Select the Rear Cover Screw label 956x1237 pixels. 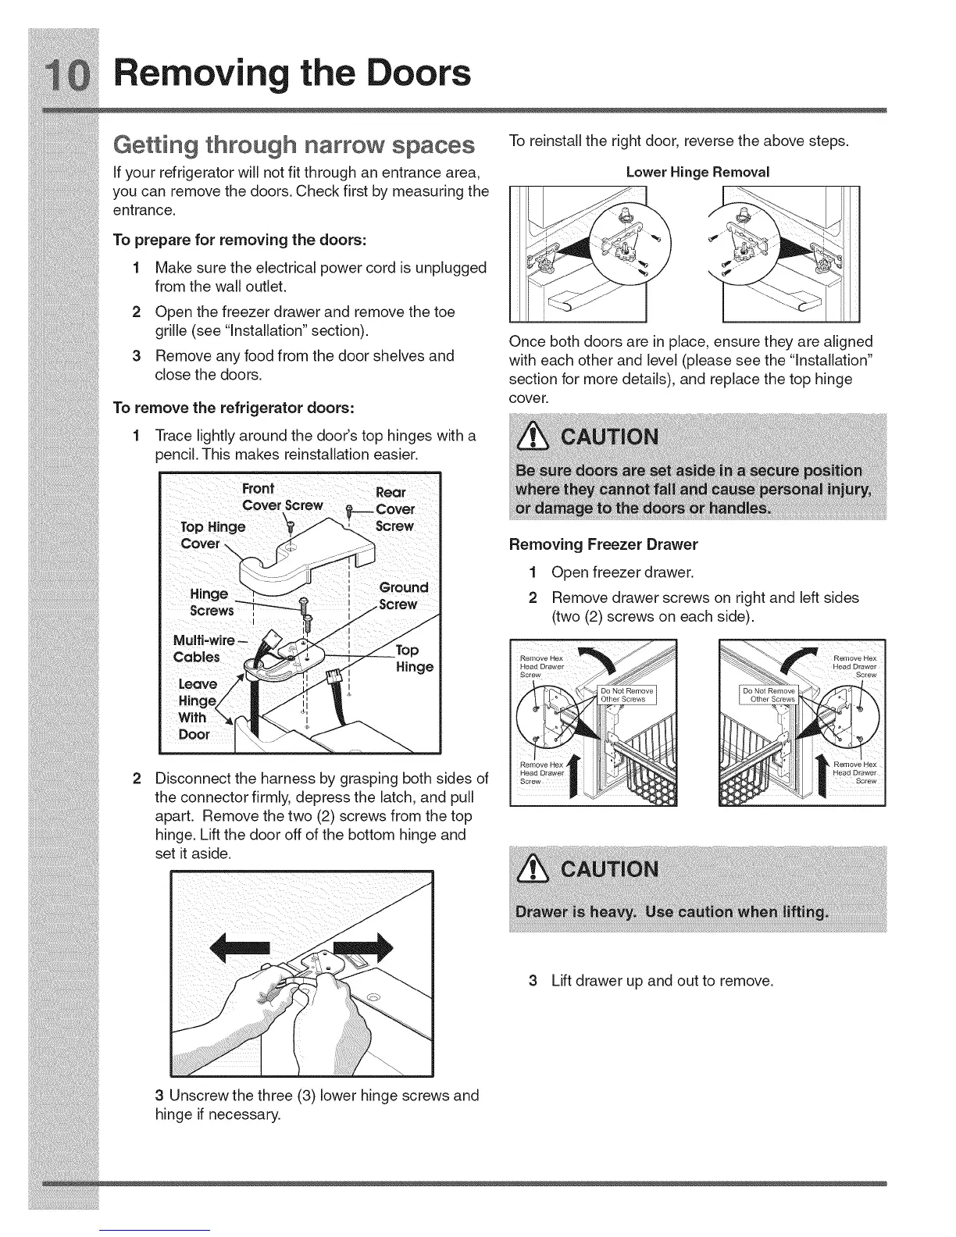[x=394, y=509]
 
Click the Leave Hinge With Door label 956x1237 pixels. [x=195, y=709]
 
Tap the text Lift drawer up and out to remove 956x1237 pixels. [x=662, y=980]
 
